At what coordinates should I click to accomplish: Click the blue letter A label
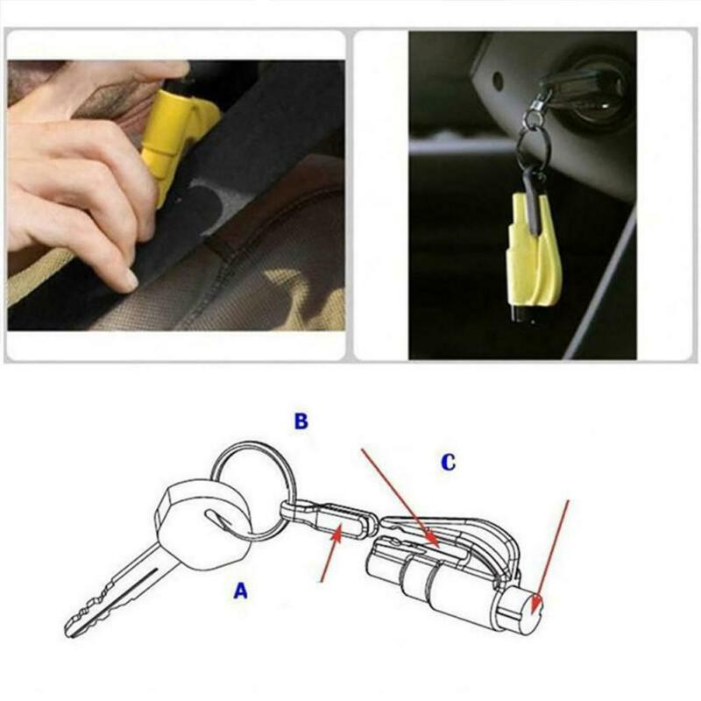click(x=240, y=591)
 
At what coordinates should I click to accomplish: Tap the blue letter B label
click(x=301, y=421)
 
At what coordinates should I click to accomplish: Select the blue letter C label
click(x=448, y=464)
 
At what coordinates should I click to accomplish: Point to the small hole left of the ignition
click(x=498, y=81)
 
